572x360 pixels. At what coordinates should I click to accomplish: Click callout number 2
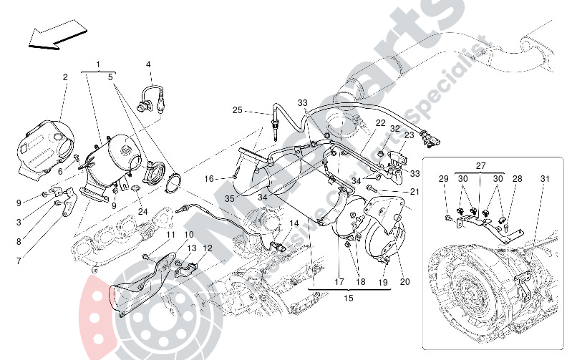[x=64, y=77]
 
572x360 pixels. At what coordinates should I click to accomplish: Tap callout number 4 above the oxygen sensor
[x=149, y=64]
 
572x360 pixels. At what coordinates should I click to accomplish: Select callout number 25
[x=238, y=110]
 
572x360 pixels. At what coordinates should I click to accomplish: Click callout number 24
[x=142, y=211]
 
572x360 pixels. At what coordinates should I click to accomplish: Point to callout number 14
[x=294, y=223]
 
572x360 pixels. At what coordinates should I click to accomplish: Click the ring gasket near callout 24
[x=173, y=184]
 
